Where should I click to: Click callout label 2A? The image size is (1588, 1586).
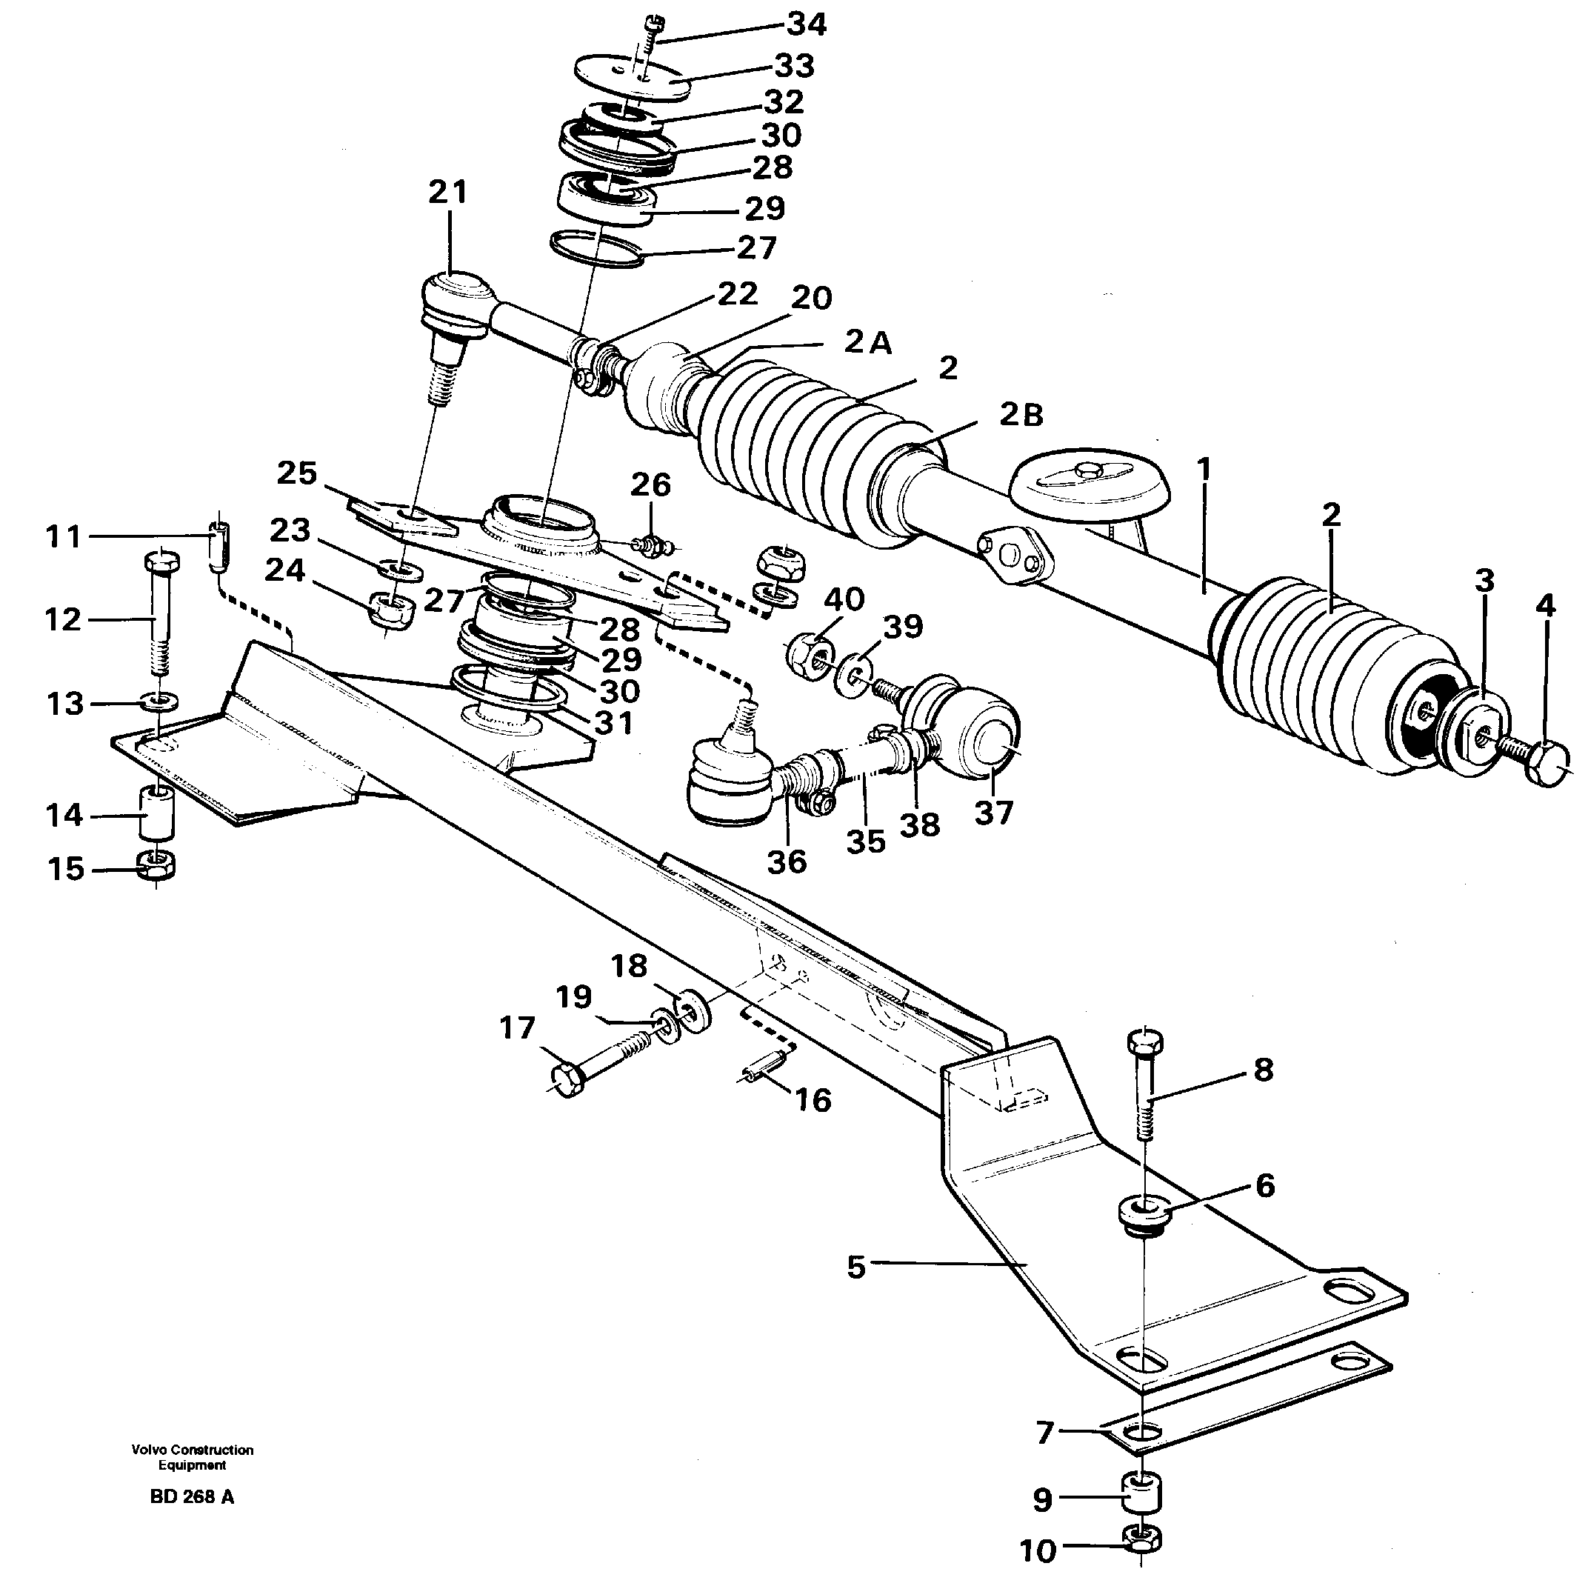[868, 341]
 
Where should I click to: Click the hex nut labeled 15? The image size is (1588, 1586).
[156, 865]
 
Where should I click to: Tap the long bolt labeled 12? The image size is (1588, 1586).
[159, 613]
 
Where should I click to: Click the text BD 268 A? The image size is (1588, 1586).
[193, 1497]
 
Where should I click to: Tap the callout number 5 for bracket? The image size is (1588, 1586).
[856, 1267]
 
